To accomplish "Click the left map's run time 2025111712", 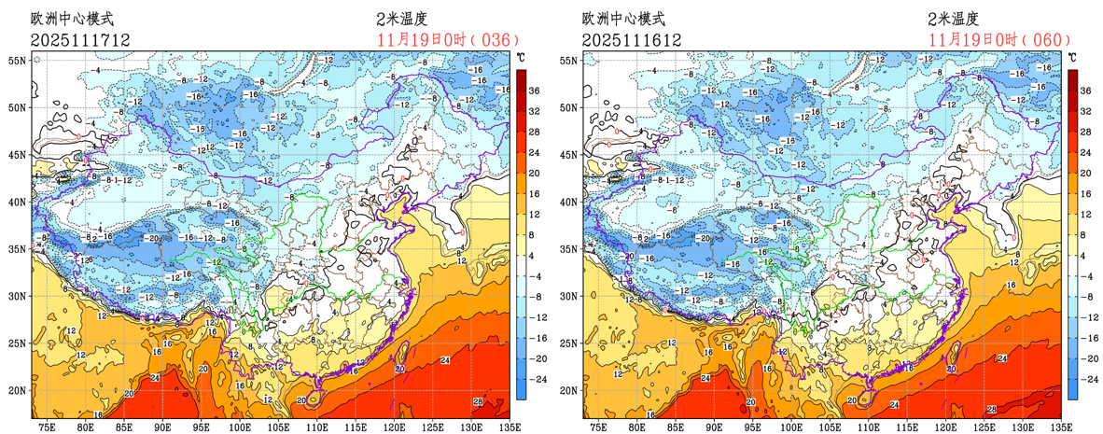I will tap(79, 40).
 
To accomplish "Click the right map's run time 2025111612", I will tap(632, 40).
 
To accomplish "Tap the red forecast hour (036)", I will tap(492, 40).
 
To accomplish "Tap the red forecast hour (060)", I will tap(1044, 40).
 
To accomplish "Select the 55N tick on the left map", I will tap(18, 60).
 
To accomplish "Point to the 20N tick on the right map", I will tap(570, 390).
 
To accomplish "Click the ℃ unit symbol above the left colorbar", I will tap(521, 58).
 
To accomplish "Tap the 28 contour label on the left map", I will tap(478, 401).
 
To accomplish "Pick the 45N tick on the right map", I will tap(570, 154).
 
